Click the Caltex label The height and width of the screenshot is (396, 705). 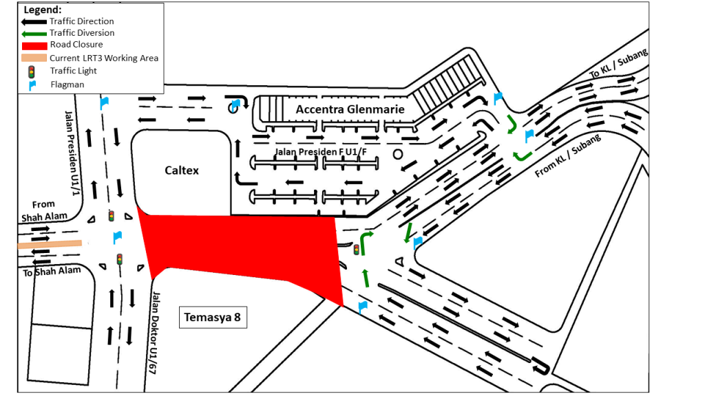182,170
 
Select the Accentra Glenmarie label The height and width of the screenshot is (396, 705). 350,109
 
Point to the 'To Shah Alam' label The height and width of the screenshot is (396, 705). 52,272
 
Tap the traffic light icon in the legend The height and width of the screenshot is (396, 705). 31,71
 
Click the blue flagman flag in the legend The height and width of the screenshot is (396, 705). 32,85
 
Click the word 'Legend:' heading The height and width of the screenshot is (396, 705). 42,10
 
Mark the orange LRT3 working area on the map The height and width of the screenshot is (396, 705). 50,243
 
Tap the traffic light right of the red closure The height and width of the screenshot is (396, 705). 356,250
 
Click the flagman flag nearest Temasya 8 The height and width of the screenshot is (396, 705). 361,307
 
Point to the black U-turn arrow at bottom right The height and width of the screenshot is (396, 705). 541,364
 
